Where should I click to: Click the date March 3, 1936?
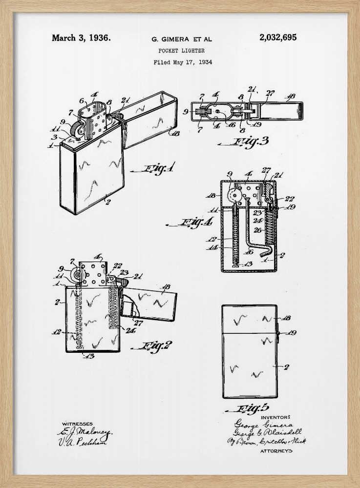pos(81,38)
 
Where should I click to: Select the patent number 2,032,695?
pos(277,38)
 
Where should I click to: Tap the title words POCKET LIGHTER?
pos(182,50)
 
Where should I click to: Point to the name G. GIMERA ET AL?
pos(182,39)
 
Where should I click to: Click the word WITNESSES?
pos(77,424)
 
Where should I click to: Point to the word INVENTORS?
pos(275,417)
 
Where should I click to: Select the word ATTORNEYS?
pos(276,451)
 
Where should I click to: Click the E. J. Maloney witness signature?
pos(85,432)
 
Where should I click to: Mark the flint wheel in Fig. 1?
pos(76,130)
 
